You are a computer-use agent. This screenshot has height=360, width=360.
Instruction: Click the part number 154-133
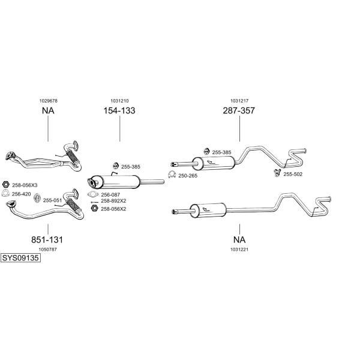[x=119, y=110]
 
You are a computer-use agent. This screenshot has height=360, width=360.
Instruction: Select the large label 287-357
[x=239, y=110]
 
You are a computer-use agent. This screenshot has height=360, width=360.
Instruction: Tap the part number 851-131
[x=47, y=240]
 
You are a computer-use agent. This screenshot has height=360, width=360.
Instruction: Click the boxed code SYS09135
[x=20, y=258]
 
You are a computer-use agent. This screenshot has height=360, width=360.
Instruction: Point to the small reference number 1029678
[x=48, y=101]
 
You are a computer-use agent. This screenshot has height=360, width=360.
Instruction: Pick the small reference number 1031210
[x=119, y=101]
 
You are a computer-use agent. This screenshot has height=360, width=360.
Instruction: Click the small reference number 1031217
[x=239, y=101]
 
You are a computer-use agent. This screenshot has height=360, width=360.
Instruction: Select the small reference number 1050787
[x=47, y=250]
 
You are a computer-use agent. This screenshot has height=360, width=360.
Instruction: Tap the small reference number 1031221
[x=239, y=250]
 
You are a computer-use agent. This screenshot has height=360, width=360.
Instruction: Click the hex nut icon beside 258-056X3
[x=6, y=184]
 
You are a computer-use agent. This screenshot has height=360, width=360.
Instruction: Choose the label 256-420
[x=21, y=194]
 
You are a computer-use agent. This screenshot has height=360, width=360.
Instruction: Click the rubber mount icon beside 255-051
[x=37, y=198]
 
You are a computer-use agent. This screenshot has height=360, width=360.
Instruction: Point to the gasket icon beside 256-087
[x=93, y=194]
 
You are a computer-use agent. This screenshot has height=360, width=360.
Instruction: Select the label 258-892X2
[x=113, y=201]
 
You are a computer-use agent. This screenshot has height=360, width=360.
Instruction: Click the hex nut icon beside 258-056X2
[x=94, y=208]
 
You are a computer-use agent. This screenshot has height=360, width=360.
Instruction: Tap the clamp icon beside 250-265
[x=172, y=175]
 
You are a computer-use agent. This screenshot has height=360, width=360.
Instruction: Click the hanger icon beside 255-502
[x=278, y=173]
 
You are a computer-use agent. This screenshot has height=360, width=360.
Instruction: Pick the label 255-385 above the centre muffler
[x=130, y=167]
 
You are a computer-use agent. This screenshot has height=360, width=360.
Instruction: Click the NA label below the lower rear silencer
[x=239, y=240]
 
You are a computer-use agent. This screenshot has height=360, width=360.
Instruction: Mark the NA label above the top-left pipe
[x=48, y=110]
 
